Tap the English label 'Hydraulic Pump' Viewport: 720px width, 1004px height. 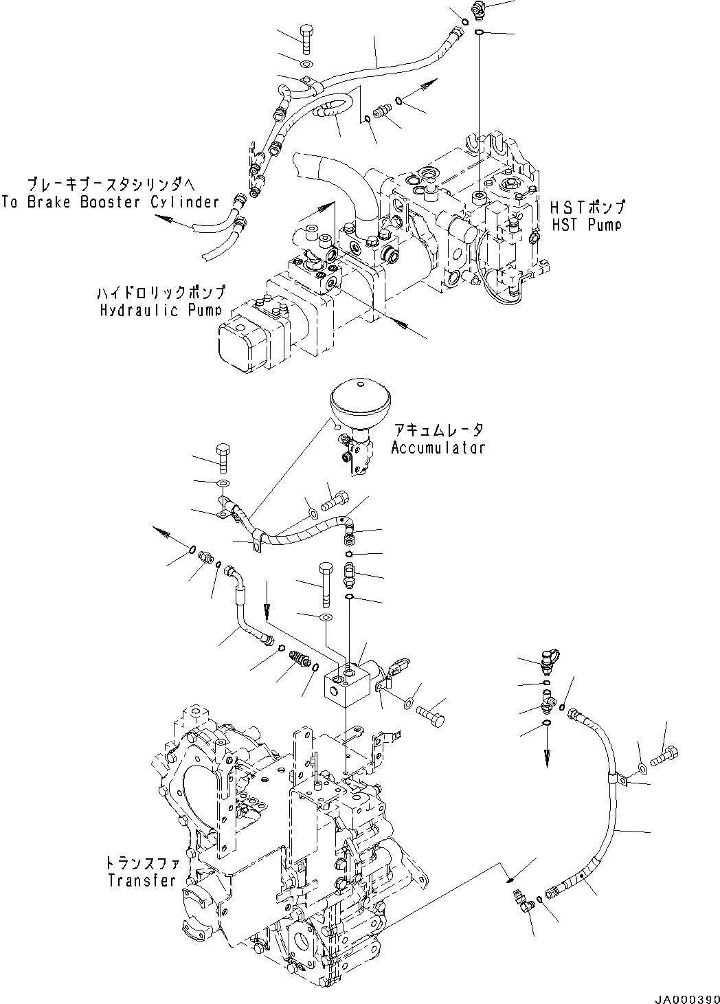[x=161, y=310]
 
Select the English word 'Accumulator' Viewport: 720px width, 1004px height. [x=438, y=447]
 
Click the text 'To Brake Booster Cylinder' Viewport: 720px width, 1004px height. [x=110, y=202]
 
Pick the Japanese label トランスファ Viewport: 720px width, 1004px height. [x=142, y=863]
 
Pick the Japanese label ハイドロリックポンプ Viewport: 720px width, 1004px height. [x=161, y=293]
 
